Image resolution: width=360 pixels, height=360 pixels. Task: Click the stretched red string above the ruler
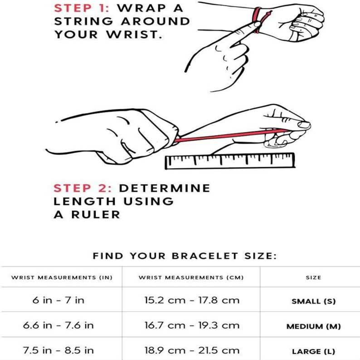point(227,136)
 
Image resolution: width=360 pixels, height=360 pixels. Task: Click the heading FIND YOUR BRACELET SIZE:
point(185,256)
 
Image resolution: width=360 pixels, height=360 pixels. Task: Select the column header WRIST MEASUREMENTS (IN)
point(61,277)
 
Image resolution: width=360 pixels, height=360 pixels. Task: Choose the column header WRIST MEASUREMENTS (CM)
point(191,277)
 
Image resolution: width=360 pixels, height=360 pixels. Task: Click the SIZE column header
point(313,277)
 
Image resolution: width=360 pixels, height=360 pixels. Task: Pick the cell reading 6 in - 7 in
point(58,301)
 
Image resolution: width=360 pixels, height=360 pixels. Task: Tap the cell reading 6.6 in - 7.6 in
point(58,326)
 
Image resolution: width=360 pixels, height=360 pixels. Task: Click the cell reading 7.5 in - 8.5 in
point(58,350)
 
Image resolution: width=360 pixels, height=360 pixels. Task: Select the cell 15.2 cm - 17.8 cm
point(191,301)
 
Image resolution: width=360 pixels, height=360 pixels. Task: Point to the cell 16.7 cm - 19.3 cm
point(191,326)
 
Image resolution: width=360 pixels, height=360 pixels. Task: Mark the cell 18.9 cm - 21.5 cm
point(191,350)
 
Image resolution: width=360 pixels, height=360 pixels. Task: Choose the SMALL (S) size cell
point(313,301)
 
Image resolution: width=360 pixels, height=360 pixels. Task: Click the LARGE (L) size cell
point(313,351)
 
